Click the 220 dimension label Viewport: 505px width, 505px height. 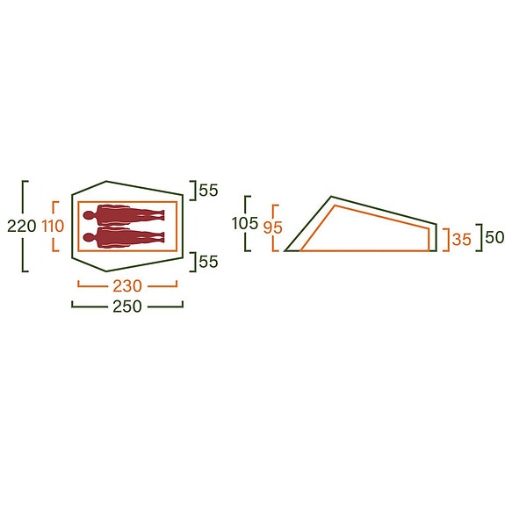(x=21, y=226)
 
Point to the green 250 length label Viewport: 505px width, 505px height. (x=128, y=307)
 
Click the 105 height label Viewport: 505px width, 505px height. (x=245, y=223)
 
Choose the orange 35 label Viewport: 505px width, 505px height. (x=462, y=237)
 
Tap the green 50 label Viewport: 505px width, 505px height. (x=494, y=237)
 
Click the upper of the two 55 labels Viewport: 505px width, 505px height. (x=208, y=190)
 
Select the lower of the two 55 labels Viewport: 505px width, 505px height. (x=208, y=261)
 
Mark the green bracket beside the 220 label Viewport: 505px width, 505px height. (x=25, y=226)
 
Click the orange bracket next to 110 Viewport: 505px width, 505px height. (x=55, y=227)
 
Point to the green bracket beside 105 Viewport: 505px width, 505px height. (x=249, y=223)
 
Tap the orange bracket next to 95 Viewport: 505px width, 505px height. (x=276, y=227)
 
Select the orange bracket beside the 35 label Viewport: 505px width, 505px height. (x=448, y=238)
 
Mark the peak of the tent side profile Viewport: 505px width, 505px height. (x=331, y=197)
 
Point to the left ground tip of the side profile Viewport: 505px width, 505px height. (x=285, y=251)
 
